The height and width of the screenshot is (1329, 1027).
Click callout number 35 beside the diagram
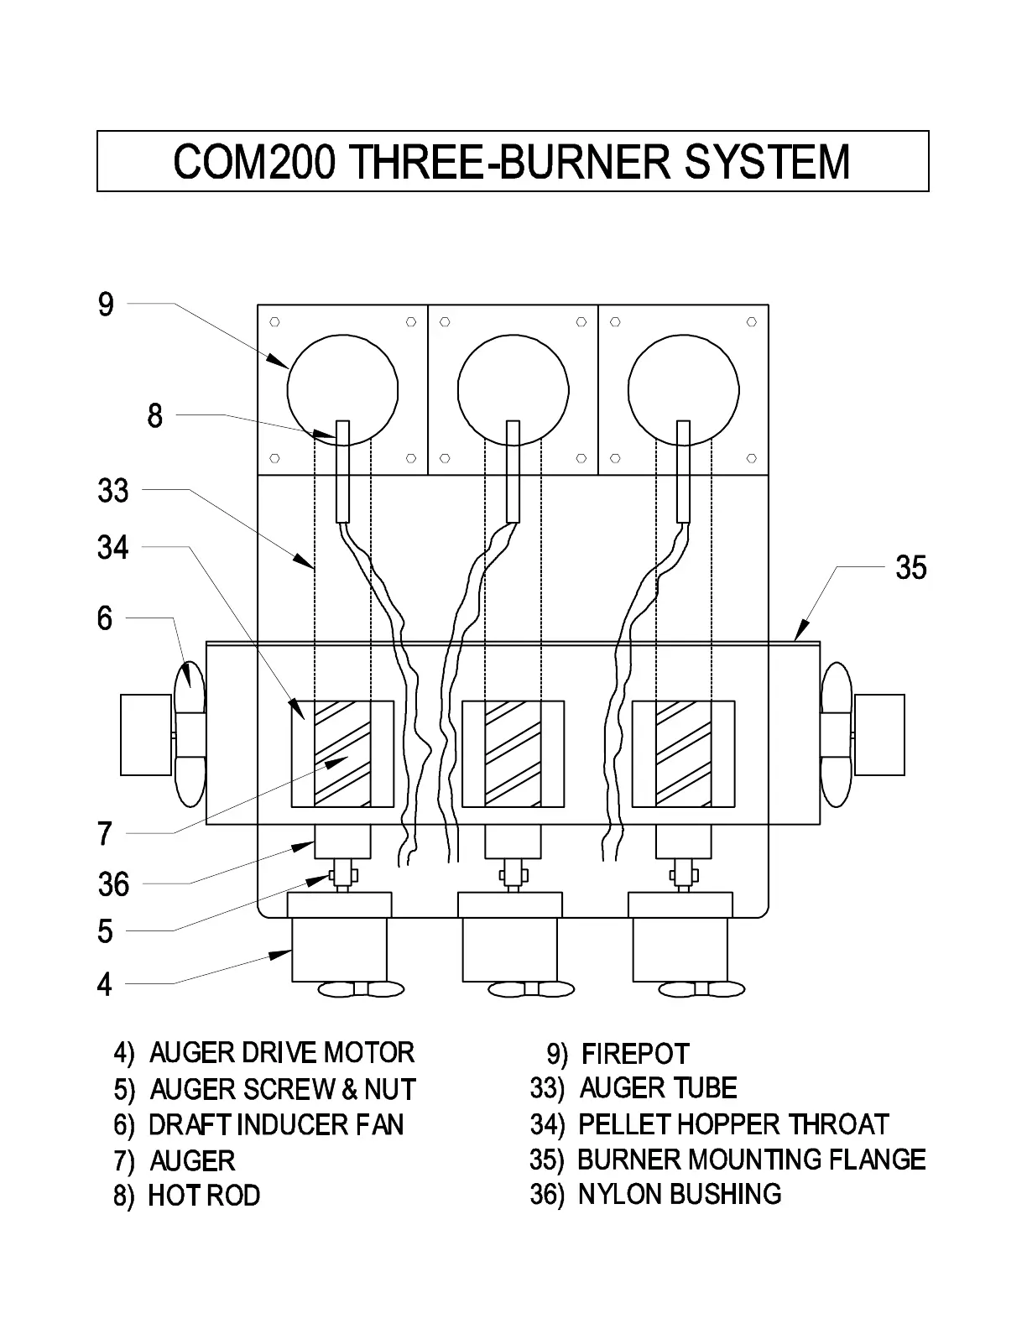[910, 568]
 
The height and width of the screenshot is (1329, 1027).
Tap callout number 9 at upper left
[105, 304]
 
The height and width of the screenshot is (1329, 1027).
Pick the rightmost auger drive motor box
[680, 950]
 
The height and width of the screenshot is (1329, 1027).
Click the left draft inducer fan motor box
[146, 735]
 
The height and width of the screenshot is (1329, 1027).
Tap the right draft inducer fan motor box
[879, 735]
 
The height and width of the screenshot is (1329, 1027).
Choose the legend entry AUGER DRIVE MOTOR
[264, 1053]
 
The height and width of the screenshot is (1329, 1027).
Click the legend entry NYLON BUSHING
[656, 1194]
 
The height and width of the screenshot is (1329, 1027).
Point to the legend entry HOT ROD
[187, 1196]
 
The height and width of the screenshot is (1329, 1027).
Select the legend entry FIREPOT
[618, 1054]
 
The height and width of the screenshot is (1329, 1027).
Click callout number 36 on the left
[113, 884]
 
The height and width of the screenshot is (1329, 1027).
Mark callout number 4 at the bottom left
[104, 984]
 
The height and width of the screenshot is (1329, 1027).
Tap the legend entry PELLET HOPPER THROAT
[709, 1124]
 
